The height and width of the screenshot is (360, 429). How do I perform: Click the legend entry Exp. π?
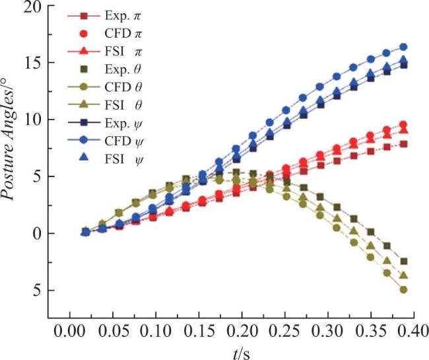[104, 16]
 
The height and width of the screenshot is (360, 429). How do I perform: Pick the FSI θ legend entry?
[104, 105]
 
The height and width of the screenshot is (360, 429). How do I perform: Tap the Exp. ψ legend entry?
[105, 124]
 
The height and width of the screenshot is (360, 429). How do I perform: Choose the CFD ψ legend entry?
[105, 141]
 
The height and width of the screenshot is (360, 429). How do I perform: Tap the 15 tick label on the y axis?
[34, 63]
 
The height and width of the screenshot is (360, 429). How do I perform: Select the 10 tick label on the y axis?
[34, 120]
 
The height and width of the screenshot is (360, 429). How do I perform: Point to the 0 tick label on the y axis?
[38, 233]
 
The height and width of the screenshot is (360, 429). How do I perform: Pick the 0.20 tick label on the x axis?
[242, 332]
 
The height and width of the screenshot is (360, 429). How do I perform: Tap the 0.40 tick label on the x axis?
[413, 332]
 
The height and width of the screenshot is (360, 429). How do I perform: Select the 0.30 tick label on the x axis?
[327, 332]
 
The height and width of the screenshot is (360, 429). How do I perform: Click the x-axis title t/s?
[242, 353]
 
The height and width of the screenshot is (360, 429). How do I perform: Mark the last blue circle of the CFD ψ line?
[403, 47]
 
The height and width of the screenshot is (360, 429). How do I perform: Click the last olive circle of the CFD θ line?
[403, 289]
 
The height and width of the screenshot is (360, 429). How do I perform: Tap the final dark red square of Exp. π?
[403, 144]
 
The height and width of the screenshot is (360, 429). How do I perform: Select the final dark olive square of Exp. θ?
[403, 262]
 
